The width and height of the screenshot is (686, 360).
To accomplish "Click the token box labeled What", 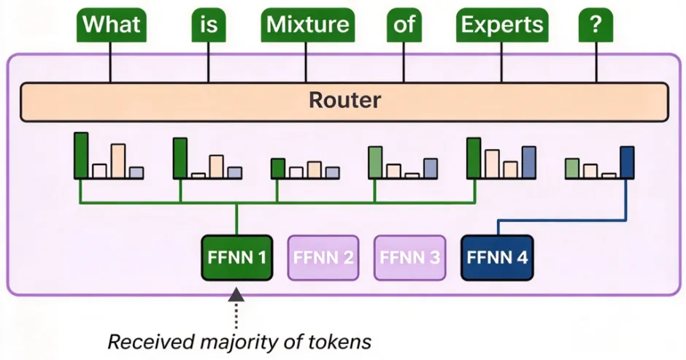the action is pos(111,25).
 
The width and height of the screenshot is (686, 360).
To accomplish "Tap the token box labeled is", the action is pos(209,25).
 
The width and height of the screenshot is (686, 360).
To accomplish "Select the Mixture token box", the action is pos(307,25).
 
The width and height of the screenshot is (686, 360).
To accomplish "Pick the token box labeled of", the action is pos(404,25).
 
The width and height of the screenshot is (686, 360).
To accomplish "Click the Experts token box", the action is pos(502,25).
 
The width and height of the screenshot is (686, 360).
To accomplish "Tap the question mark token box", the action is pos(596,25).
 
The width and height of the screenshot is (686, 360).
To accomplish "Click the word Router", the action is pos(344,100).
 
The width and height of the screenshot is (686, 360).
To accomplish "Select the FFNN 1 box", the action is pos(236,258).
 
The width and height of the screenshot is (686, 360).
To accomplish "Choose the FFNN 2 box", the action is pos(323,258).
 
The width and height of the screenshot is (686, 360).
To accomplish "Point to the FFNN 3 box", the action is pos(410,258).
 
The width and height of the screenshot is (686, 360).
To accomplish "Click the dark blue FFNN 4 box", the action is pos(497,258).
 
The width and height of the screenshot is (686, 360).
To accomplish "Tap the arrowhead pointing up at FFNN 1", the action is pos(236,294).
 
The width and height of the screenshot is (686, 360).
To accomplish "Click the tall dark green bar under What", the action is pos(81,156).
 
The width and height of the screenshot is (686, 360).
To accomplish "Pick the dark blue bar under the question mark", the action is pos(627,163).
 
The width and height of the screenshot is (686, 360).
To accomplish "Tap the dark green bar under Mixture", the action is pos(278,169).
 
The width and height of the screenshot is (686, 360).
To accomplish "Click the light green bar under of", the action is pos(375,163).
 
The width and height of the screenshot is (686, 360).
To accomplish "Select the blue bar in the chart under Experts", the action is pos(529,163).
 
